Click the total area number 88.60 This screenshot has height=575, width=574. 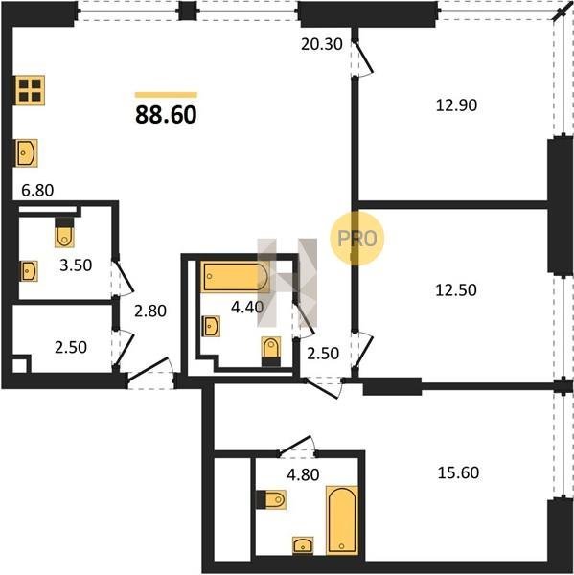[166, 115]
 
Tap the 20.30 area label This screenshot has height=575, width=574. [322, 44]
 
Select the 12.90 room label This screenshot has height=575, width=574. [456, 105]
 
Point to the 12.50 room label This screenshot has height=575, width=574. [456, 290]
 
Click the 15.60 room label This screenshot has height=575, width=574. [458, 472]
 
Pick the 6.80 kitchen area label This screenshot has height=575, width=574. [37, 191]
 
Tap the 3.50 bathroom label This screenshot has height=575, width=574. [76, 265]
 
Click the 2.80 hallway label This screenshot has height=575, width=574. [150, 310]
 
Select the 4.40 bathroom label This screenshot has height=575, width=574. [247, 307]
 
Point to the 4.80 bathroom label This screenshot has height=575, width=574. [303, 474]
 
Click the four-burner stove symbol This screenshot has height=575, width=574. [30, 90]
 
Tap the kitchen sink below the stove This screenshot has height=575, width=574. [26, 153]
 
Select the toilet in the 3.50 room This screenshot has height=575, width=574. [64, 232]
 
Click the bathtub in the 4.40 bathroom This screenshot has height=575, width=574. [235, 277]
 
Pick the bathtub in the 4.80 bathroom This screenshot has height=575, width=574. [342, 519]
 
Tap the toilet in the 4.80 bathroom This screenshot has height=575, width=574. [270, 499]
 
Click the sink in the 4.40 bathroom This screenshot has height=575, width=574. [211, 326]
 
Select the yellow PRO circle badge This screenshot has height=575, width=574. [356, 239]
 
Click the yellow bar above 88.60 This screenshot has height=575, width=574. [166, 95]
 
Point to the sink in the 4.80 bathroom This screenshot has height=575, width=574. [303, 545]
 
